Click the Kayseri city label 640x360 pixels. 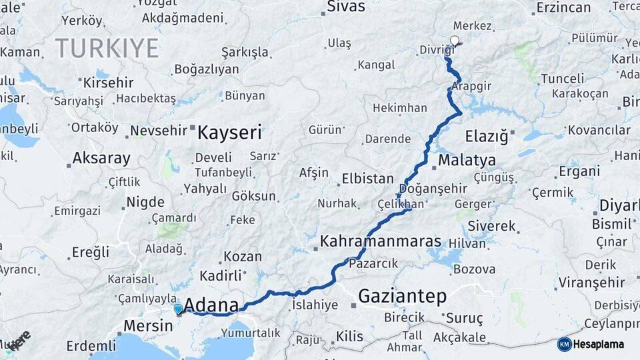229,132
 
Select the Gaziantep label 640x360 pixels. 402,296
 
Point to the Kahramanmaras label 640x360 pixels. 381,241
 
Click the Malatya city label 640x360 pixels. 467,160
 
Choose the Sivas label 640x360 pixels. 346,7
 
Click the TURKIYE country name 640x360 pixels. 107,48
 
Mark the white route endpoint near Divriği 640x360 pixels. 455,41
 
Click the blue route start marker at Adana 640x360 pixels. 178,309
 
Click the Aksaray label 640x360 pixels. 101,158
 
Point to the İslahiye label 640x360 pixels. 315,305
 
